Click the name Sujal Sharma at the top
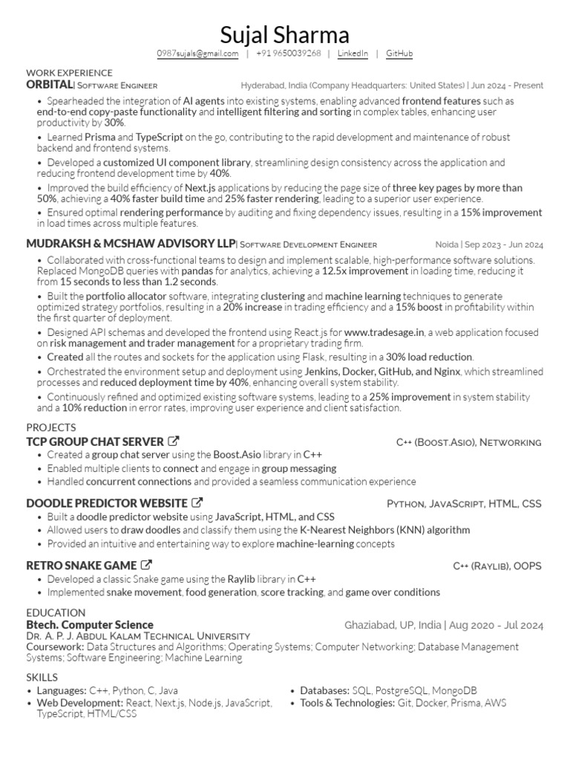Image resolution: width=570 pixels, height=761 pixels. click(284, 34)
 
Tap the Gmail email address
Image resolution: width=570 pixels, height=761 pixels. click(197, 54)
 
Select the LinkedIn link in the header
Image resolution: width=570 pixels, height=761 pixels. click(353, 54)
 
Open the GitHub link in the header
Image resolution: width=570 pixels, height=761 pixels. click(399, 54)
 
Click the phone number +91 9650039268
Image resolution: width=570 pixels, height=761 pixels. click(289, 54)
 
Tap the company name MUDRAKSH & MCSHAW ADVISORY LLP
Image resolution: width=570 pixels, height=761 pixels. click(130, 244)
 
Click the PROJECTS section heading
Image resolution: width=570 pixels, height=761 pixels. click(51, 427)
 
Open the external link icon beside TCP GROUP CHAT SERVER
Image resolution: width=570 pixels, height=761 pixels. click(174, 441)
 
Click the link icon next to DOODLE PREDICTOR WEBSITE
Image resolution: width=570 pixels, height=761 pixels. click(197, 503)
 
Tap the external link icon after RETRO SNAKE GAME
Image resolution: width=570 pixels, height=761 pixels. click(146, 566)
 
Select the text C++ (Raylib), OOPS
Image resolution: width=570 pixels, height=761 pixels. click(497, 566)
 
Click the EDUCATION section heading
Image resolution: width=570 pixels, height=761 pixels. click(56, 612)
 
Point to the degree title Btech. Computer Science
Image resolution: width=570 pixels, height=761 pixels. click(90, 625)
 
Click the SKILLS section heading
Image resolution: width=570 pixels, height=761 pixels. click(41, 677)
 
